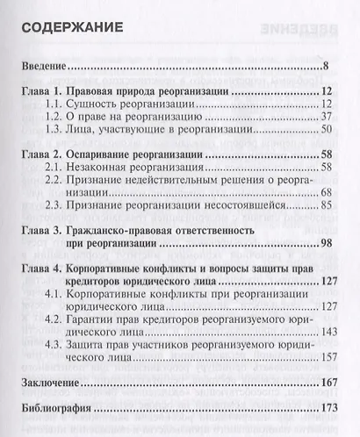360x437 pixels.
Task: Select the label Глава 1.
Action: tap(44, 91)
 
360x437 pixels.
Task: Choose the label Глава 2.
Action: tap(44, 154)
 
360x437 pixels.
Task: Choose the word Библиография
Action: tap(57, 409)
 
